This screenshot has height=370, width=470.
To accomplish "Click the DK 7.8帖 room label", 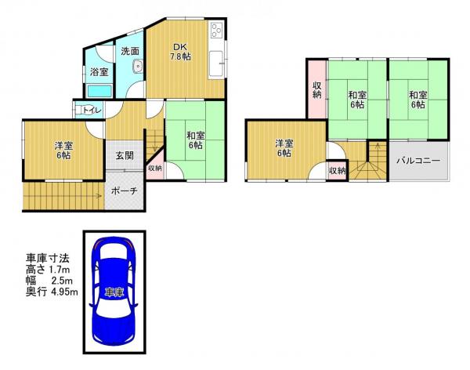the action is [180, 52].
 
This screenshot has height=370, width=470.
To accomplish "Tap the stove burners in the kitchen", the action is [216, 30].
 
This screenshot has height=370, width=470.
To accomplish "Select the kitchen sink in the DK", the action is [216, 63].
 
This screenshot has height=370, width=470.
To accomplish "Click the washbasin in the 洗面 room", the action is [138, 66].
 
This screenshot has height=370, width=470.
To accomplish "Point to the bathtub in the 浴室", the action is [99, 91].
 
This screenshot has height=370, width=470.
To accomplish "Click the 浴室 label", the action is [99, 72].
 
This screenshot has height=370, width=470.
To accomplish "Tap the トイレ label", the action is [92, 110].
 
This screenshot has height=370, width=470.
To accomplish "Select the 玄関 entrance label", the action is [125, 156].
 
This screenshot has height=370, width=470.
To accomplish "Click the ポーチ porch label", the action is [124, 190].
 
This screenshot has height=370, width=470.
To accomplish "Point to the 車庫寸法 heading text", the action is [48, 258].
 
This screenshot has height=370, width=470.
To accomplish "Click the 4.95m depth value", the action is [65, 292].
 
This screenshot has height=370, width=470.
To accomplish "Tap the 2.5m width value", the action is [62, 281].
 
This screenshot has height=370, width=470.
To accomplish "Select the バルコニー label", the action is [418, 161].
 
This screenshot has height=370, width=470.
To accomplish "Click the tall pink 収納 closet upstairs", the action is [317, 89].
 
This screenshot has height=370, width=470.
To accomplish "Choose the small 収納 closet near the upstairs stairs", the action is [338, 171].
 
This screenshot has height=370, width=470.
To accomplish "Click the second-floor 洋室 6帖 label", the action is [284, 148].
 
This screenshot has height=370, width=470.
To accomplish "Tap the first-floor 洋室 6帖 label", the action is [63, 151].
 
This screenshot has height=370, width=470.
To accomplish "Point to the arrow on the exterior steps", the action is [63, 196].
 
